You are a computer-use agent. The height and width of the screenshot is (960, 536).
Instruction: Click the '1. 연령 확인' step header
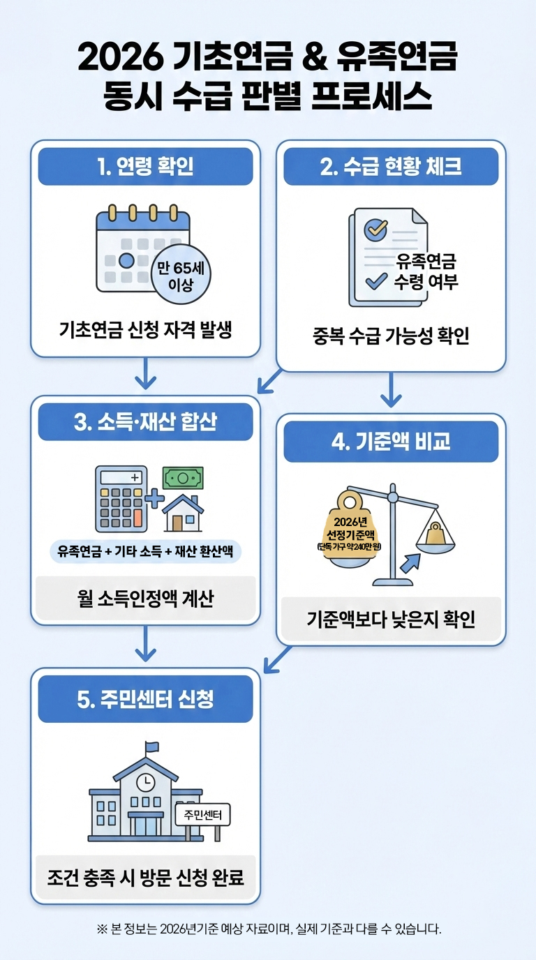[x=145, y=167]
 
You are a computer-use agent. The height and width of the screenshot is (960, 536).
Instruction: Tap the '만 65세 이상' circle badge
[x=181, y=274]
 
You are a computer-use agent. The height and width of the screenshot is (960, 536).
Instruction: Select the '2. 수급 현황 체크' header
[x=391, y=167]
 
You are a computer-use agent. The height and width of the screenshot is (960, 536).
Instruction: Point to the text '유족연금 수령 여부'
[x=426, y=272]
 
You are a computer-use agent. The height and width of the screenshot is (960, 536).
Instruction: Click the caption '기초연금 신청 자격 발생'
[x=145, y=329]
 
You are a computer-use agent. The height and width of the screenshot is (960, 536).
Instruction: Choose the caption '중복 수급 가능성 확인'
[x=391, y=336]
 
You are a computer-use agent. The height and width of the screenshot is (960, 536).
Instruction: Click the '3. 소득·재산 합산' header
[x=145, y=422]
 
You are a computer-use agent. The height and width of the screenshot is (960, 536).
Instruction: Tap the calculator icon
[x=121, y=499]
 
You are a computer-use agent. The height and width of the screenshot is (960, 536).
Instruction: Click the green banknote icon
[x=183, y=478]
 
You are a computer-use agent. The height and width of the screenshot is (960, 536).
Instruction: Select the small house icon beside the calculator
[x=183, y=513]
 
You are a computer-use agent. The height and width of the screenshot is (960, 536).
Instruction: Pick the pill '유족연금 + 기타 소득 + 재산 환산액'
[x=145, y=551]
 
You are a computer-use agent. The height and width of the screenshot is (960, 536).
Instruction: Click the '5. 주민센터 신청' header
[x=145, y=699]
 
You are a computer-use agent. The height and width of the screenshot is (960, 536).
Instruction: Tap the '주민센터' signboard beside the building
[x=202, y=814]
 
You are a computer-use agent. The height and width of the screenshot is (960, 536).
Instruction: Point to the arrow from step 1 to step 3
[x=145, y=375]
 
